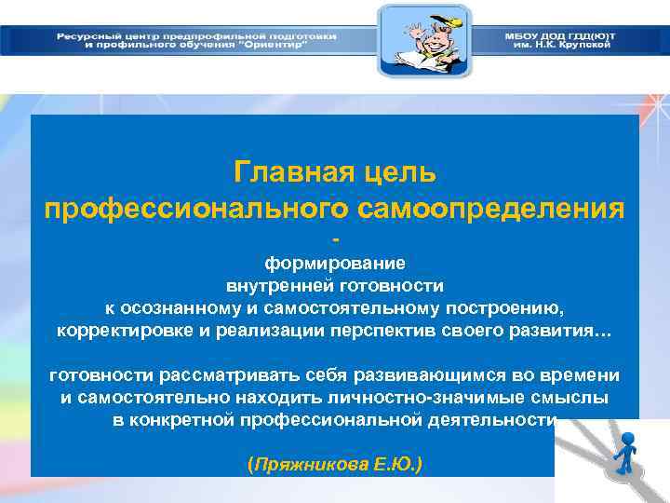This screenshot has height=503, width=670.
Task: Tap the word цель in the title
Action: coord(400,172)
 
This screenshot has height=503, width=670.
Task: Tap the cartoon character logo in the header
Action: coord(424,40)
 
